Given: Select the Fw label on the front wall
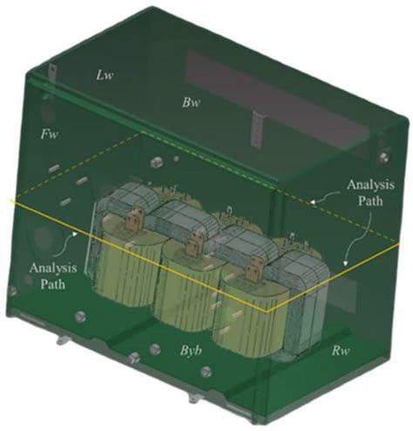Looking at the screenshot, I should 49,134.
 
